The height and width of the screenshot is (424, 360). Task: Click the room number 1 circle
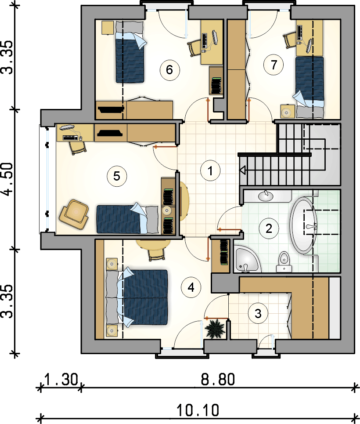point(210,170)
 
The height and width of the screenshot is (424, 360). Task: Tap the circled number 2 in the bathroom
point(269,229)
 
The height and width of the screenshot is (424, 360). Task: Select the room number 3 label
point(258,314)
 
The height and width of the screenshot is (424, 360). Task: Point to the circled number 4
point(191,287)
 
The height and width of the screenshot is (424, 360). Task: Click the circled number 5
point(117,176)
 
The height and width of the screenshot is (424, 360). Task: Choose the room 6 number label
point(169,70)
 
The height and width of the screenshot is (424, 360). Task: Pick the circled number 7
point(274,65)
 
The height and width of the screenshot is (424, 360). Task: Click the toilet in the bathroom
point(284,261)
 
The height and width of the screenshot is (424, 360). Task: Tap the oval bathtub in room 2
point(304,226)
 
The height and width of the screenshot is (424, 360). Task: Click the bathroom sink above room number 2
point(266,196)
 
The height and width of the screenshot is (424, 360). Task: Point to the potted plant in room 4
point(215,329)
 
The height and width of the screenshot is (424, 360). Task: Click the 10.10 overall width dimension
point(198,410)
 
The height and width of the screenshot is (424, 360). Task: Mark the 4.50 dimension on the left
point(7,179)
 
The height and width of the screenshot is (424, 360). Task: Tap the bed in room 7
point(309,87)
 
